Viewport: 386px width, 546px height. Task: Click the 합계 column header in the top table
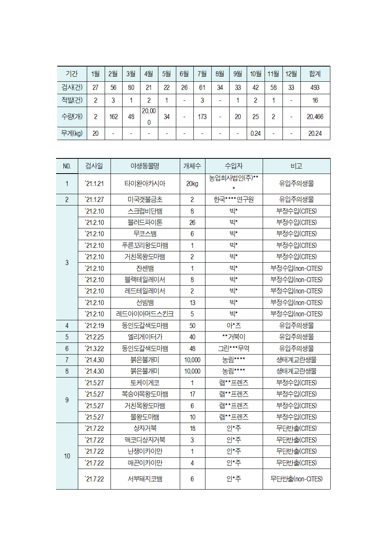pos(315,74)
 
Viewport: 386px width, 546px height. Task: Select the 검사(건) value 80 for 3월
pos(131,88)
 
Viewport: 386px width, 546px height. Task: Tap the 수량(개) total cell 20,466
pos(315,117)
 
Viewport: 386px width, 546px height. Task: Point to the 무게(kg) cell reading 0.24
pos(255,133)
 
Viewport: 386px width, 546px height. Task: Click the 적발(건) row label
pos(72,100)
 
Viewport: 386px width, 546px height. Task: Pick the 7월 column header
pos(202,74)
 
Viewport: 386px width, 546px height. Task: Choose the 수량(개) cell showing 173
pos(202,117)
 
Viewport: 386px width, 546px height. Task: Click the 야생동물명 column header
pos(145,166)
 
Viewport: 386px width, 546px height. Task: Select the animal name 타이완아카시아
pos(145,184)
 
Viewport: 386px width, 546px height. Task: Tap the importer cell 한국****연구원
pos(233,200)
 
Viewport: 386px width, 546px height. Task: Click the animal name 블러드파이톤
pos(145,223)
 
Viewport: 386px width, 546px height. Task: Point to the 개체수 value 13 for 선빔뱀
pos(192,303)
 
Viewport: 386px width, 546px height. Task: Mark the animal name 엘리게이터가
pos(145,337)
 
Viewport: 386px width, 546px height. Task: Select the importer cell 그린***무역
pos(233,349)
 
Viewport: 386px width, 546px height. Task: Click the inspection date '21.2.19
pos(94,326)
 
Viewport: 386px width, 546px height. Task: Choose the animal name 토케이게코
pos(145,383)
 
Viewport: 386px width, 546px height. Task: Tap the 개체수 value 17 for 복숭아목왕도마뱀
pos(192,394)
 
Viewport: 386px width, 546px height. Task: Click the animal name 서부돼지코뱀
pos(145,479)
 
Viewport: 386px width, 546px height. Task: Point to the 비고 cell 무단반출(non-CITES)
pos(297,479)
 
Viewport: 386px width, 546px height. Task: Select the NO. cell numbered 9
pos(67,400)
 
